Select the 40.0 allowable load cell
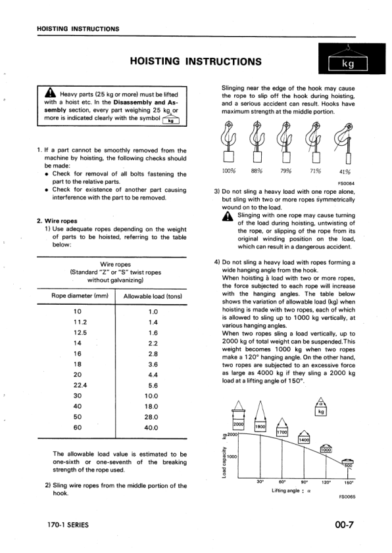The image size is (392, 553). coord(153,428)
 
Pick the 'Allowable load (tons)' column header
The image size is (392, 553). coord(153,296)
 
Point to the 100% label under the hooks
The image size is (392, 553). coord(229,171)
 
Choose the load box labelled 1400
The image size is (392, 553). coord(304,440)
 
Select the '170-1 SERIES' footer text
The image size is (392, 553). coord(68,525)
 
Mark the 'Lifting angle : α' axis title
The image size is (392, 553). coord(289,490)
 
